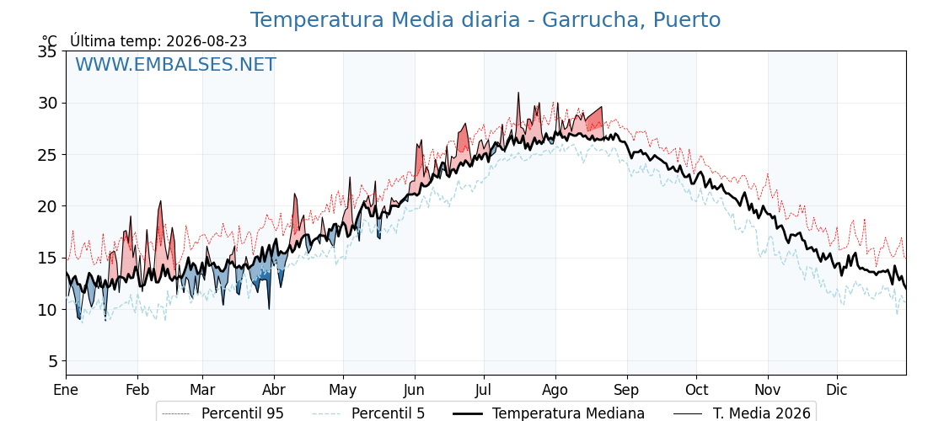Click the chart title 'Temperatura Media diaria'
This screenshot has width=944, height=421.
(384, 20)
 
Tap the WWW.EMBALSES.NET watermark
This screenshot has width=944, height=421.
(176, 64)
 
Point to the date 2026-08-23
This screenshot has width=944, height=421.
(206, 41)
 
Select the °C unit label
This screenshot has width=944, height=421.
(50, 41)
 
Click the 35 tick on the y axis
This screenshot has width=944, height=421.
(47, 51)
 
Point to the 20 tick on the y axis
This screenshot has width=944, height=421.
(47, 206)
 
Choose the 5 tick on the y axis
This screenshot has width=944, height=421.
(52, 361)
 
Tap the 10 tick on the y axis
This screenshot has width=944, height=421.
(47, 309)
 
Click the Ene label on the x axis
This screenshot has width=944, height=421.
(66, 390)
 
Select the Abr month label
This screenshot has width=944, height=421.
(274, 390)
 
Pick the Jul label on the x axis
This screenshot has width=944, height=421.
(484, 390)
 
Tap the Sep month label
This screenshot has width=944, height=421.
(627, 391)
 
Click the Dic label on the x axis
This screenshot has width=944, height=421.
(837, 390)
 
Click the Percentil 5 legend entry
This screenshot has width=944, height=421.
(368, 413)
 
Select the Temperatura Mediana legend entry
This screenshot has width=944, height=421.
(549, 413)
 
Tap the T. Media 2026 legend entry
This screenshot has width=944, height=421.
(743, 413)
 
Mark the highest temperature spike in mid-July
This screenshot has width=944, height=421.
(518, 93)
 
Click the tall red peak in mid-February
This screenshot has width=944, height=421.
(161, 202)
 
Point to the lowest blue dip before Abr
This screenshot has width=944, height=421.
(269, 308)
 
